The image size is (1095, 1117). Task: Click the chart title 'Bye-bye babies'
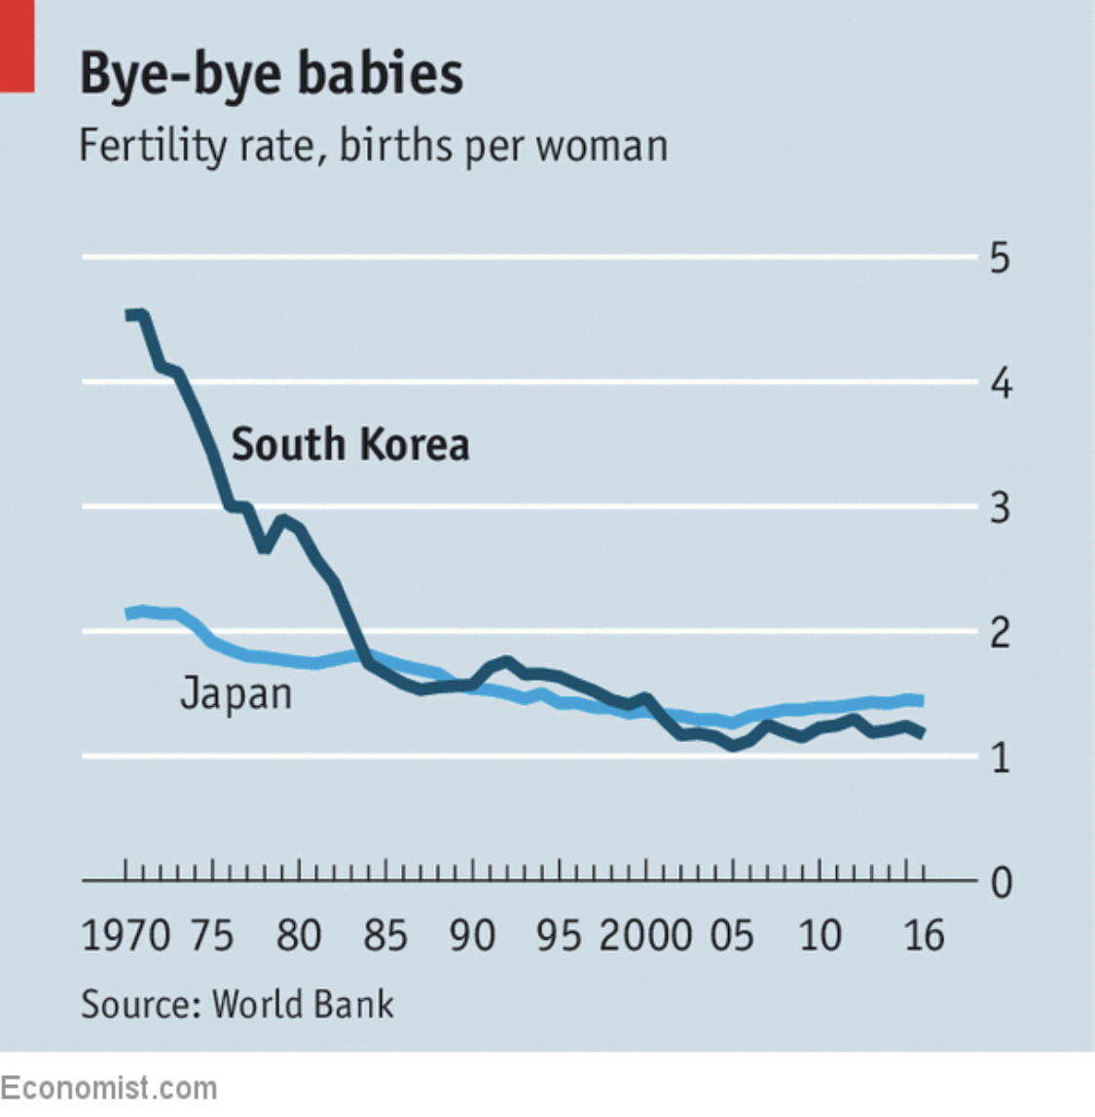click(x=271, y=73)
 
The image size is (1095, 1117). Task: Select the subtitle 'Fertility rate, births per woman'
click(x=373, y=146)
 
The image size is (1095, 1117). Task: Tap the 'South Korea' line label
click(x=350, y=444)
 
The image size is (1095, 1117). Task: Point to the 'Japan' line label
click(x=237, y=694)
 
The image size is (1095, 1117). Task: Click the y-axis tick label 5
click(x=1000, y=258)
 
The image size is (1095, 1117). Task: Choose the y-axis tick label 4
click(x=1001, y=384)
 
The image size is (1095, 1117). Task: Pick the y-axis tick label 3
click(x=1000, y=508)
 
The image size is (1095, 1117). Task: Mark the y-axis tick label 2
click(x=1000, y=634)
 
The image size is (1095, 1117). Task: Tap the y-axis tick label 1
click(x=1000, y=758)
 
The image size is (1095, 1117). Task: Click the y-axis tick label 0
click(x=1001, y=883)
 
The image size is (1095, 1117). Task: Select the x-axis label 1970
click(x=126, y=936)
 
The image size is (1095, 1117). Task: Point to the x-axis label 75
click(x=211, y=936)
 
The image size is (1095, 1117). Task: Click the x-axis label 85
click(x=384, y=936)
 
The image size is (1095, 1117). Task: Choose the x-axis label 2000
click(x=644, y=936)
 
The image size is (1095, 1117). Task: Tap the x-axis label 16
click(x=924, y=936)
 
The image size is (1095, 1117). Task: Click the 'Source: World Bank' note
click(x=237, y=1004)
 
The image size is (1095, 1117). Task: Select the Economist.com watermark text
click(x=108, y=1087)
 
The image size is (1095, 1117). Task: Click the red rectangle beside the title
click(x=17, y=46)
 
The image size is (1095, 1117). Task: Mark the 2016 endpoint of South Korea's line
click(x=921, y=733)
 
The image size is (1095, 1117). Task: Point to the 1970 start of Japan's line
click(x=128, y=614)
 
